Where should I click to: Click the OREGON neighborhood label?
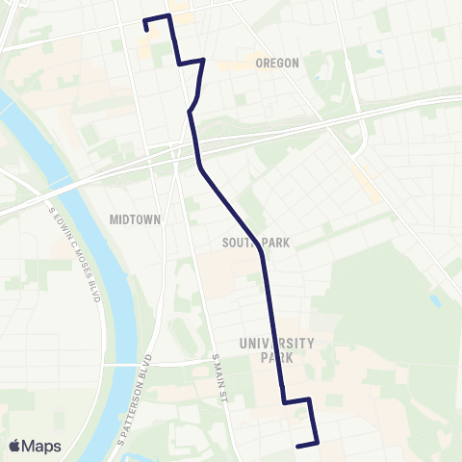tap(278, 63)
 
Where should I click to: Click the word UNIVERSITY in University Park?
tap(277, 343)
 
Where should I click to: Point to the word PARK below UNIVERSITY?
tap(277, 357)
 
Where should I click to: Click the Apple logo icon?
tap(16, 445)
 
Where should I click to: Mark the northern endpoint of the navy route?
tap(146, 30)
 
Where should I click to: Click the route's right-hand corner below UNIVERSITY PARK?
tap(309, 398)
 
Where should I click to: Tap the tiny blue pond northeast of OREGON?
tap(379, 52)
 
